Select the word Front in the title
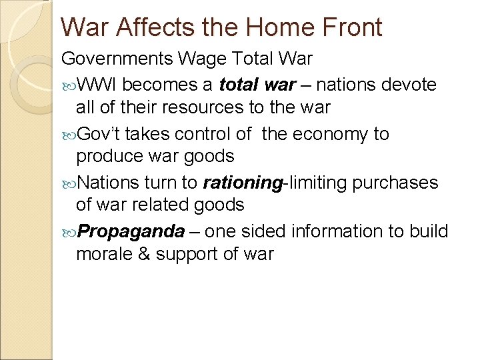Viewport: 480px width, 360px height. coord(352,27)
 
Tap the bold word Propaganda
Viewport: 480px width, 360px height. coord(131,231)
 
